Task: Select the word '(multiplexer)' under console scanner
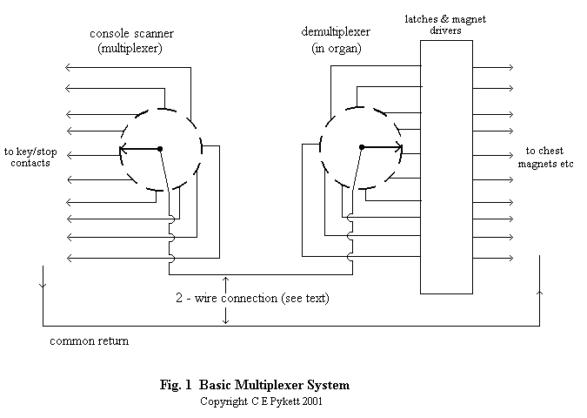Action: pos(130,49)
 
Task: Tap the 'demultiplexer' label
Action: pos(336,31)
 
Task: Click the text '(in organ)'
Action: pos(337,48)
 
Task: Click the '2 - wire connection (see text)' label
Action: pos(251,298)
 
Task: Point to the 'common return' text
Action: pos(89,340)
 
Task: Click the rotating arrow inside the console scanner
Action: pos(140,149)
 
